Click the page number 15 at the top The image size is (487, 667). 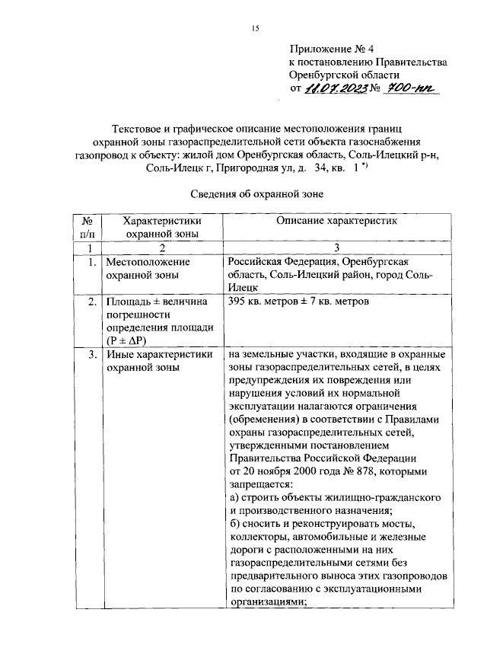click(256, 28)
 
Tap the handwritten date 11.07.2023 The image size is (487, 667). click(336, 90)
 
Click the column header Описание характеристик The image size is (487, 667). click(336, 221)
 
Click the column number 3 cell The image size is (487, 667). click(336, 248)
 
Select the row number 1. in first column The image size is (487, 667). click(90, 262)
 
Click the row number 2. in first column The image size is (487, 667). click(90, 302)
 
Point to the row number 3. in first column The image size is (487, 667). click(90, 355)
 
